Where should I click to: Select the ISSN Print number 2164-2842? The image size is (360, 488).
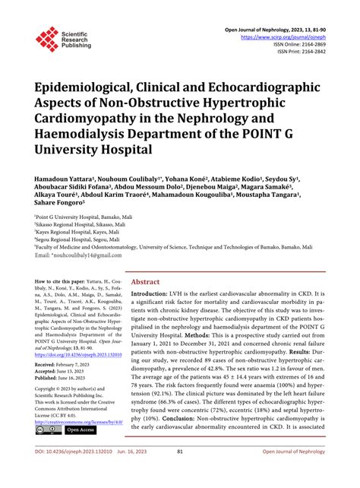click(311, 52)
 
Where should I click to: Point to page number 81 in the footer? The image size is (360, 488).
click(180, 472)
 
